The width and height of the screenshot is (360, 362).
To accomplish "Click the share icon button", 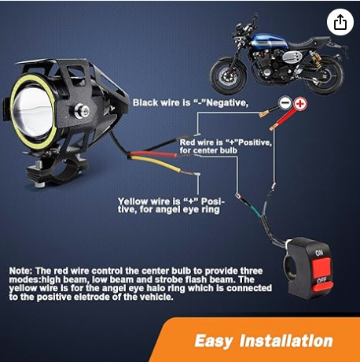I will pos(340,22).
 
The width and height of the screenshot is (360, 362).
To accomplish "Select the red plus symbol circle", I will pos(301,103).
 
